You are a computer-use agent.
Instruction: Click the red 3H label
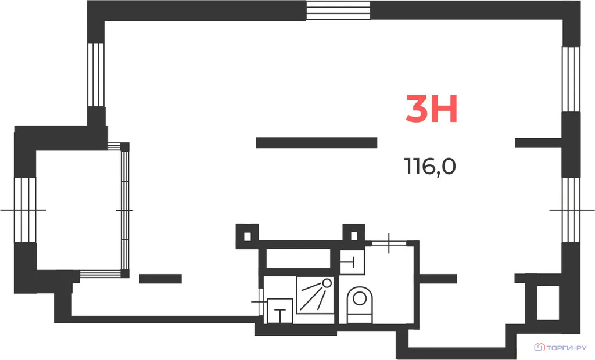pyautogui.click(x=432, y=109)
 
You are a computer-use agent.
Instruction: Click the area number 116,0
pyautogui.click(x=430, y=166)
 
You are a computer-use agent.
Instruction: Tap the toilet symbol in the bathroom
pyautogui.click(x=360, y=305)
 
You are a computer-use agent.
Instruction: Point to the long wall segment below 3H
pyautogui.click(x=317, y=143)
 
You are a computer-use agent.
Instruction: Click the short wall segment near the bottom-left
pyautogui.click(x=160, y=279)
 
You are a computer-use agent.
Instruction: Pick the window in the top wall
pyautogui.click(x=338, y=10)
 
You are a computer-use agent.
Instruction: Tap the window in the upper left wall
pyautogui.click(x=96, y=75)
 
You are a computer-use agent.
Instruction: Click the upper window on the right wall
pyautogui.click(x=571, y=80)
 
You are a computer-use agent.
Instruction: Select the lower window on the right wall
pyautogui.click(x=571, y=210)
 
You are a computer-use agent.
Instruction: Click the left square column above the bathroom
pyautogui.click(x=248, y=236)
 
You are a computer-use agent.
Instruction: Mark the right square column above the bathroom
pyautogui.click(x=354, y=236)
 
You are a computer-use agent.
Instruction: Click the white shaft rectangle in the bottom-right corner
pyautogui.click(x=547, y=303)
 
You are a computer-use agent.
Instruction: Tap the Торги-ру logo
pyautogui.click(x=560, y=347)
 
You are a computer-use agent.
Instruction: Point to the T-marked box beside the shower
pyautogui.click(x=280, y=311)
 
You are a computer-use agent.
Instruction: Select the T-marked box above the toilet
pyautogui.click(x=352, y=262)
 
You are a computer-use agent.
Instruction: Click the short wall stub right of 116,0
pyautogui.click(x=538, y=143)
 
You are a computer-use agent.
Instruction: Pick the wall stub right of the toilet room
pyautogui.click(x=438, y=279)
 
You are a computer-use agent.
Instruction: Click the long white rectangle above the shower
pyautogui.click(x=298, y=258)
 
